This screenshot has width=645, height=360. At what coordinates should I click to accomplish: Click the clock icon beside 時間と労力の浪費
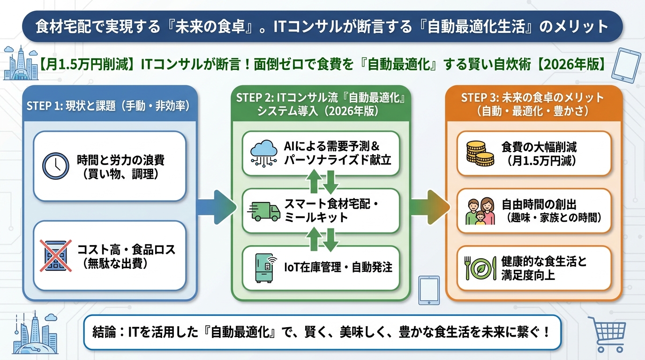click(x=56, y=165)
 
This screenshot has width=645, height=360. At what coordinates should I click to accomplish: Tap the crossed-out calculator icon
click(x=56, y=255)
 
